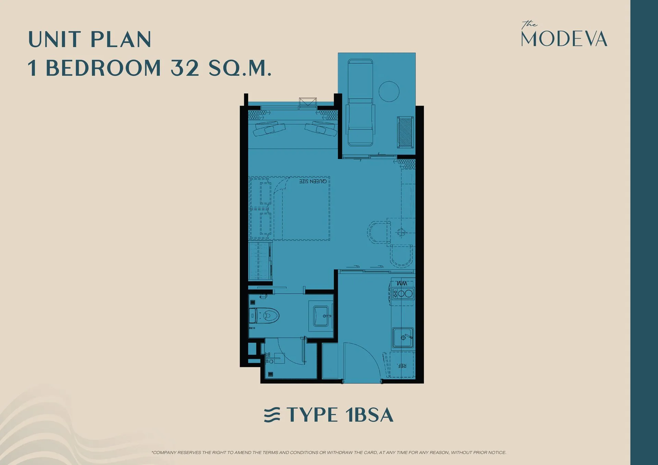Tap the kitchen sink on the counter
[403, 338]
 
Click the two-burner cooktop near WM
[403, 294]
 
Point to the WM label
[402, 283]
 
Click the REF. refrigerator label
[402, 366]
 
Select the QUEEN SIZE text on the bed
[313, 181]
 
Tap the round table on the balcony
[389, 91]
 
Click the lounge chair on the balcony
[360, 103]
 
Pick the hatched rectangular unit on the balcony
[405, 132]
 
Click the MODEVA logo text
[564, 39]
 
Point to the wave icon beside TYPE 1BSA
[272, 415]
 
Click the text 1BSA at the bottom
[369, 415]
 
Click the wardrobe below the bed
[260, 261]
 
